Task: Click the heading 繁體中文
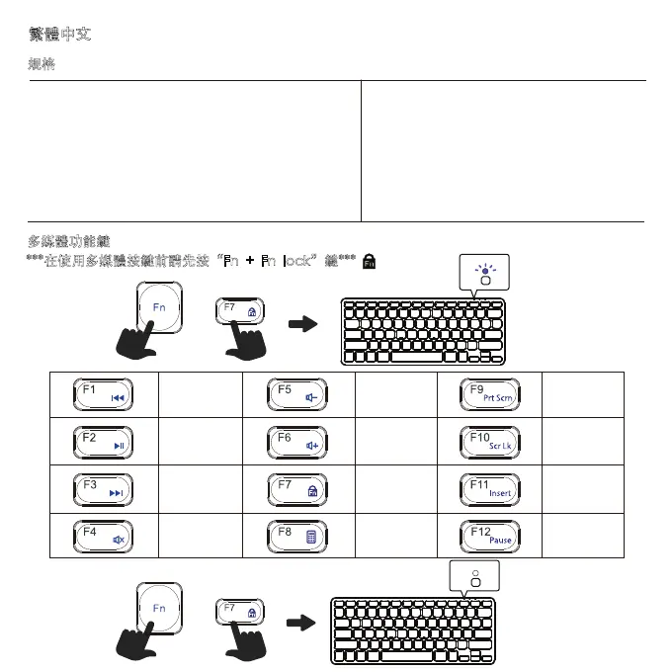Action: tap(61, 36)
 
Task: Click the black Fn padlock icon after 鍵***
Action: tap(370, 261)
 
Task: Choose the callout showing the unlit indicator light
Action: tap(474, 576)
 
